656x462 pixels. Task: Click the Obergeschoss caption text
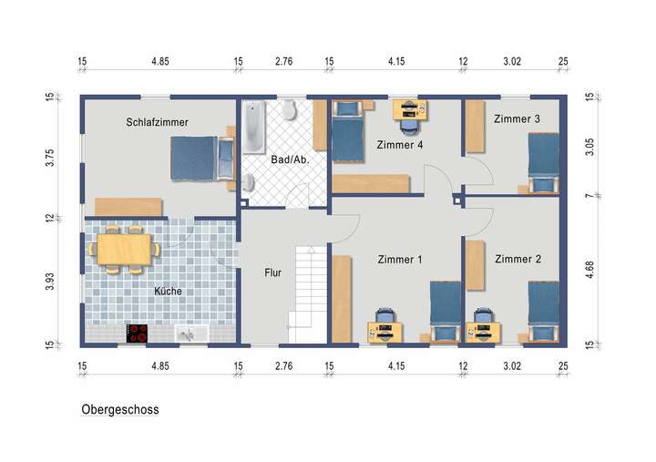tap(120, 410)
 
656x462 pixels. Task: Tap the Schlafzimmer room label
tap(157, 121)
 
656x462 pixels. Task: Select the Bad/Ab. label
tap(290, 159)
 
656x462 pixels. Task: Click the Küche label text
tap(168, 292)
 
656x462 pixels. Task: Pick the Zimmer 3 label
tap(517, 119)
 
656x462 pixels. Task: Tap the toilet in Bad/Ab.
tap(290, 111)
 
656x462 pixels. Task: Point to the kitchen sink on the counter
tap(190, 334)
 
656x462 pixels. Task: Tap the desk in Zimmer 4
tap(411, 109)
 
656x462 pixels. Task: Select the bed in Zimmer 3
tap(544, 162)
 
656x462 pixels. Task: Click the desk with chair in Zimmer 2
tap(483, 326)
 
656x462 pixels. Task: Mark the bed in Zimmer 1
tap(445, 310)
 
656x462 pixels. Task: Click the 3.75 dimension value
tap(51, 158)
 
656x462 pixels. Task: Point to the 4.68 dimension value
tap(589, 271)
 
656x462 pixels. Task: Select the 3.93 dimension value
tap(51, 282)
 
